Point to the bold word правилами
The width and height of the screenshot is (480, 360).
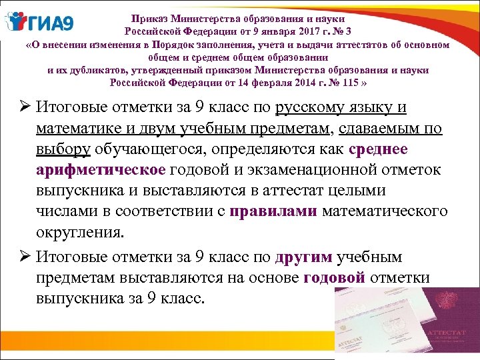coord(273,213)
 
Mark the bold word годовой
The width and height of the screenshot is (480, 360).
coord(334,278)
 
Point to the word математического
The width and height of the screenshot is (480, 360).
coord(385,213)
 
